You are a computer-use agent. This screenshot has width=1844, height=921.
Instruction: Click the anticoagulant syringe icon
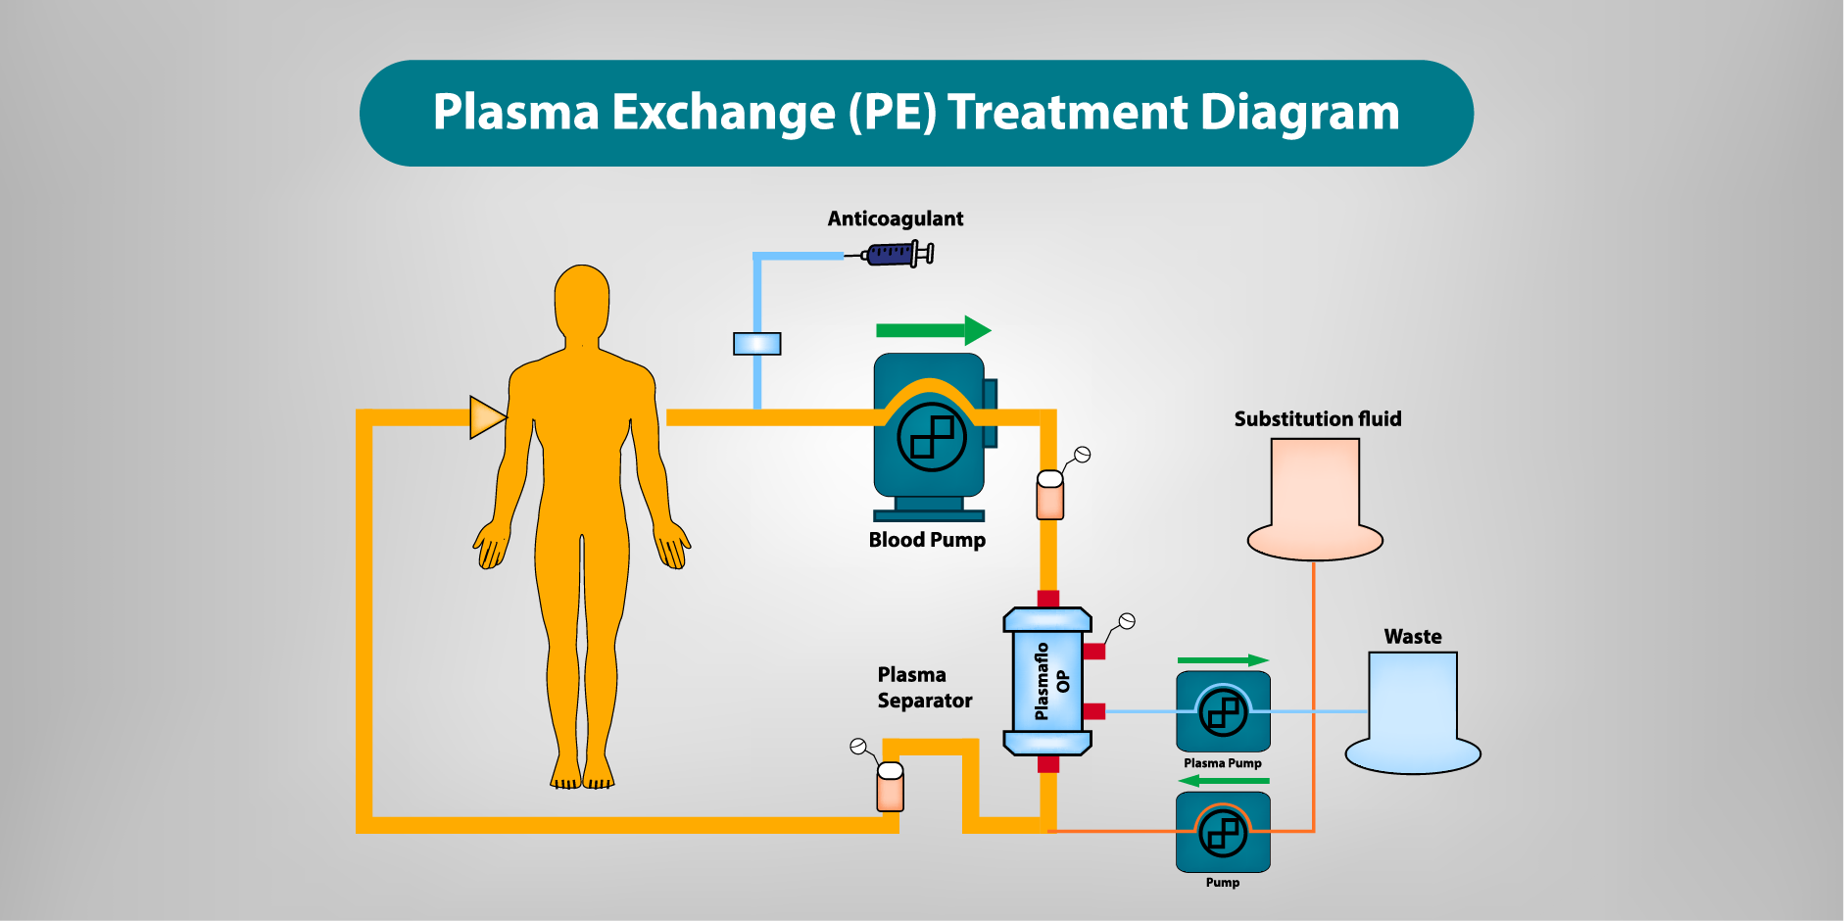(897, 255)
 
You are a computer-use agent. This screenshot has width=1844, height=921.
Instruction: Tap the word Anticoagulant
(895, 218)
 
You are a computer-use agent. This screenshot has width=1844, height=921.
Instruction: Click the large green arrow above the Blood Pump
(933, 330)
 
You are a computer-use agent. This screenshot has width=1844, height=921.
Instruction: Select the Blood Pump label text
(927, 540)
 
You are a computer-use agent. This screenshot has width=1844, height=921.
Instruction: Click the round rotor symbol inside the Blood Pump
(932, 437)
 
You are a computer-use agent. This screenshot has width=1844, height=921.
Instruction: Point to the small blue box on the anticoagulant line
(757, 344)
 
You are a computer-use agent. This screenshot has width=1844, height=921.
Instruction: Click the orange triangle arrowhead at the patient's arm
(486, 417)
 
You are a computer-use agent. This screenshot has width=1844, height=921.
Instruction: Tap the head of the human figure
(582, 300)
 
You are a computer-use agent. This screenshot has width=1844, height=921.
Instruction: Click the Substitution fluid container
(1315, 500)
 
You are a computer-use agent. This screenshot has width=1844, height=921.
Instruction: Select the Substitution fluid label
(1317, 419)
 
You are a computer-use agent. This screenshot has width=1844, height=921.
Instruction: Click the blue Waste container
(1412, 715)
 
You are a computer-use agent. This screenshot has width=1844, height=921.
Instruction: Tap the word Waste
(1412, 637)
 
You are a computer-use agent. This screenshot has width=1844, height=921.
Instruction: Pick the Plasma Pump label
(1222, 763)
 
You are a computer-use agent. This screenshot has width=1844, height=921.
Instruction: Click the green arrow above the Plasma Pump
(1223, 660)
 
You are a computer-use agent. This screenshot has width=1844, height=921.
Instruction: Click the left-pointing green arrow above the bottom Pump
(1223, 781)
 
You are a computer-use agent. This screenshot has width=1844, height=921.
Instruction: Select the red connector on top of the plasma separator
(1048, 599)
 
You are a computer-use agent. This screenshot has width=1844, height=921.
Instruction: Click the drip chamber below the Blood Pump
(1049, 496)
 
